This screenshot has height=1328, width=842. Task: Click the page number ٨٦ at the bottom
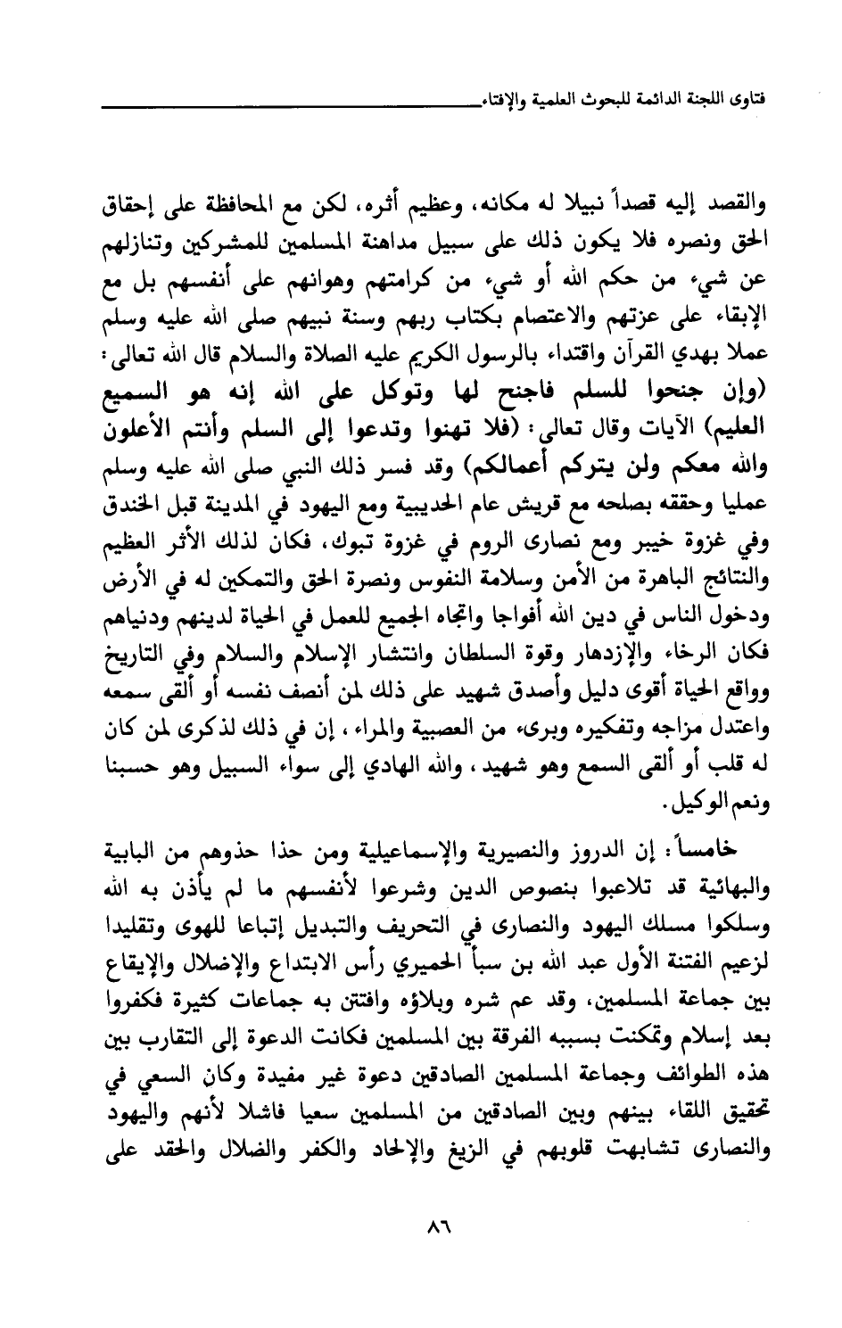point(435,1228)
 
